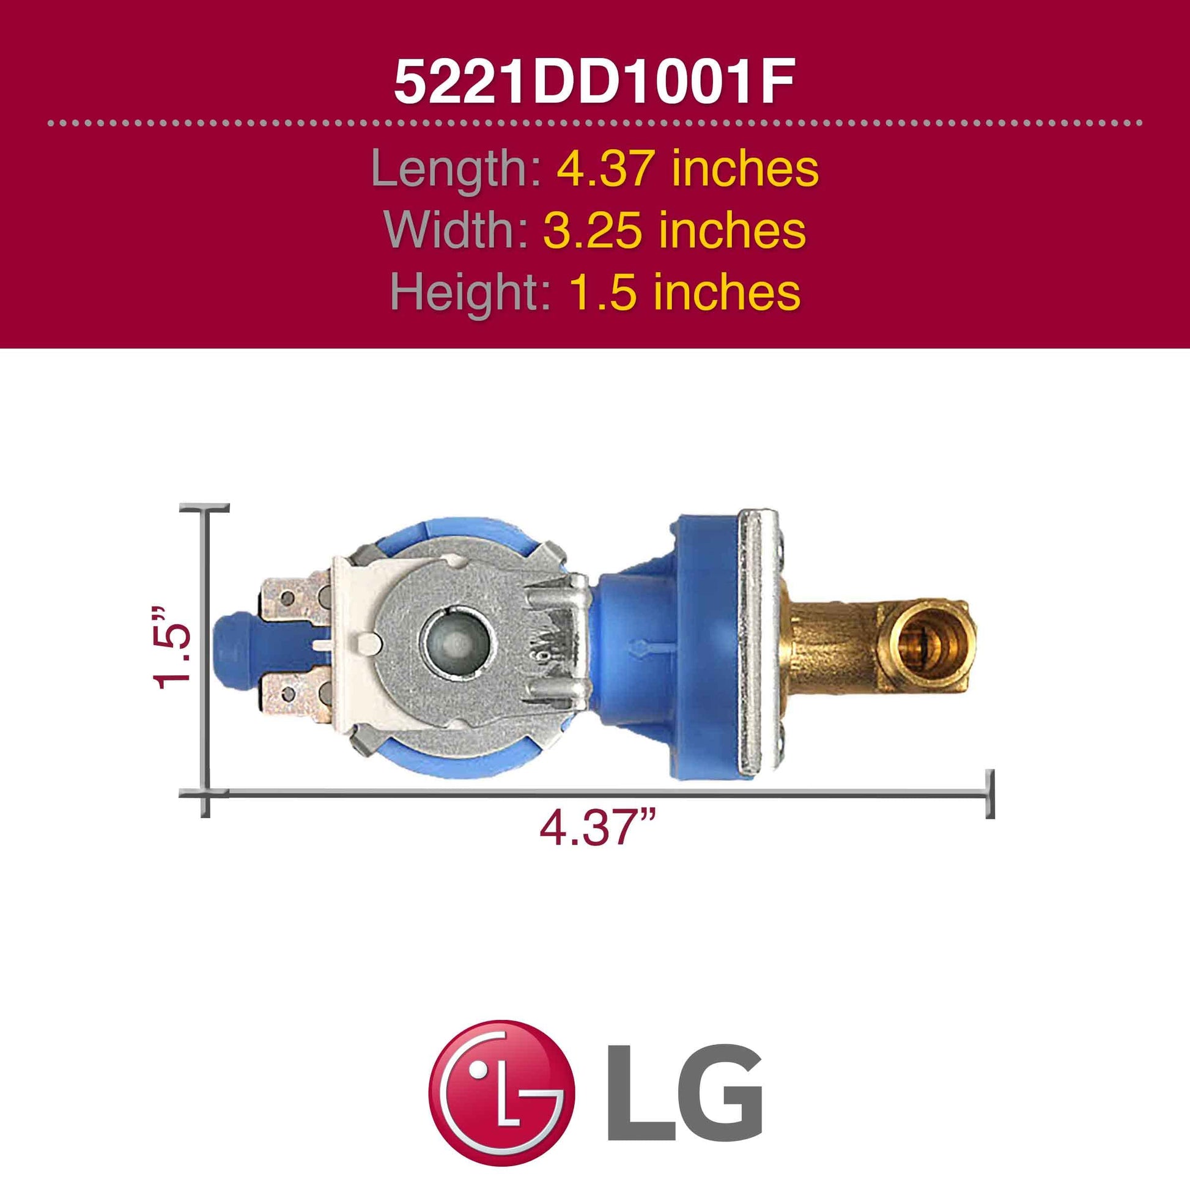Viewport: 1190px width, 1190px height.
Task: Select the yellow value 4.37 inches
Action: tap(688, 169)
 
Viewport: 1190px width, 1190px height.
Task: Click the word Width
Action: tap(455, 230)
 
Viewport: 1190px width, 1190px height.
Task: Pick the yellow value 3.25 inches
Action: tap(674, 230)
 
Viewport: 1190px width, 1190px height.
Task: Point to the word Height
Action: tap(470, 292)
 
